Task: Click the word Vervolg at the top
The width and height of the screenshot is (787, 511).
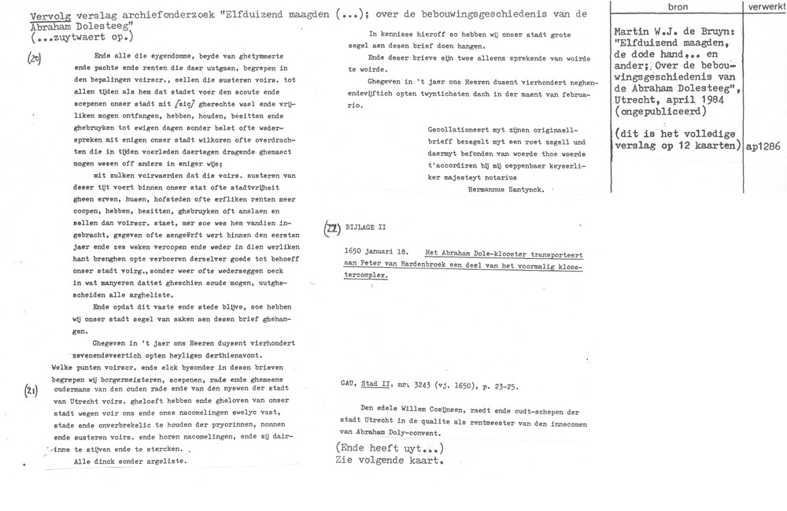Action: (x=28, y=15)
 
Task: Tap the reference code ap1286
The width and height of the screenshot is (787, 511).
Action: (x=762, y=146)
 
